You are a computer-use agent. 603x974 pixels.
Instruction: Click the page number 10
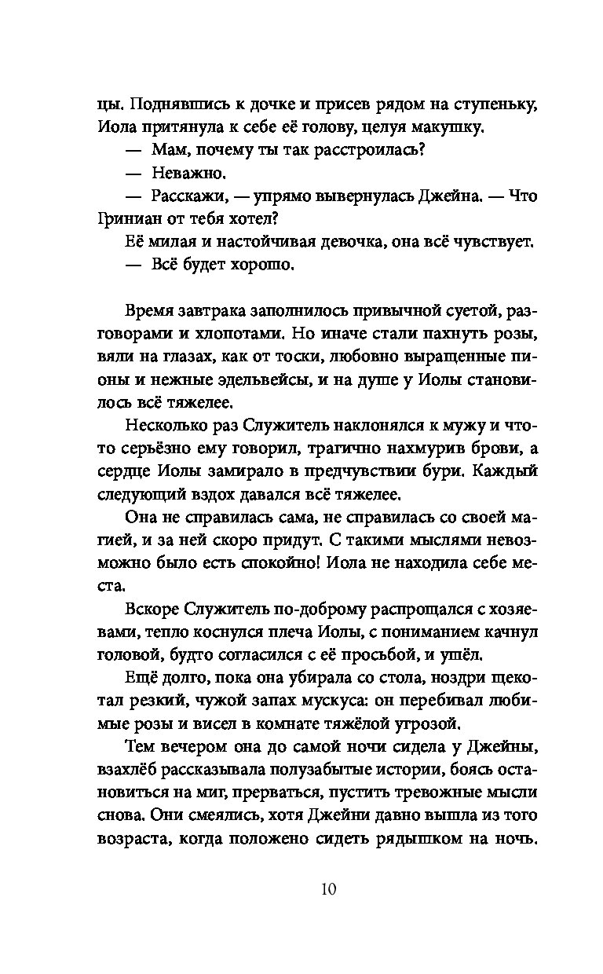328,889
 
